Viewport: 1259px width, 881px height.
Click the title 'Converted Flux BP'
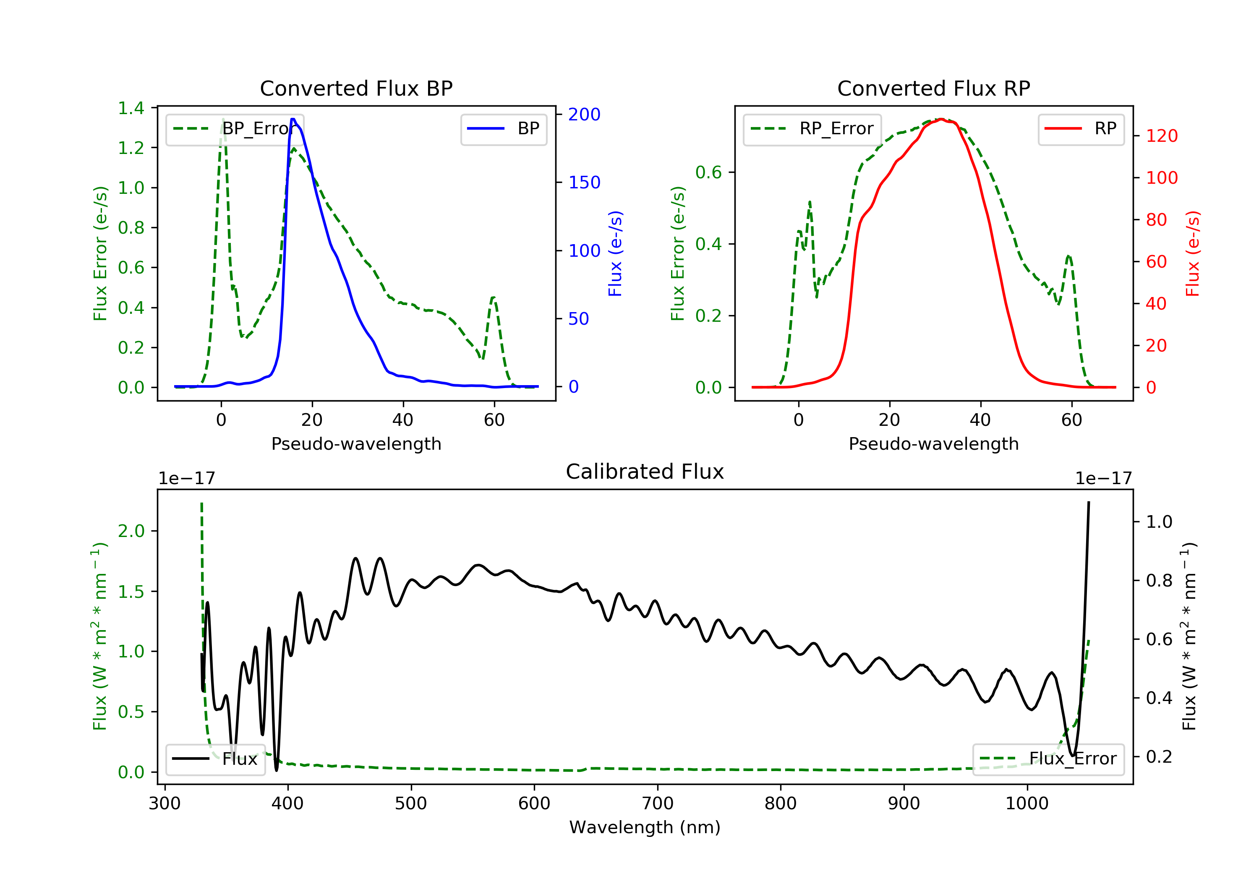356,88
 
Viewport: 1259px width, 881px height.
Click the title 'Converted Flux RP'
933,88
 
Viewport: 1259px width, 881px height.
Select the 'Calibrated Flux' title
645,472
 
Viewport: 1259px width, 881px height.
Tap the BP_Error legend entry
235,129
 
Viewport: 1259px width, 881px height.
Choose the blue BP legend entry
503,129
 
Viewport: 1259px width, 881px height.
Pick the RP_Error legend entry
812,129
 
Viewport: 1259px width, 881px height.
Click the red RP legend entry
1081,129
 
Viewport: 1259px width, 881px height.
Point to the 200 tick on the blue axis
584,114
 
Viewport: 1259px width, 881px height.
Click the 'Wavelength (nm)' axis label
645,827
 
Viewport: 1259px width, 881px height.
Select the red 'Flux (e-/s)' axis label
1193,253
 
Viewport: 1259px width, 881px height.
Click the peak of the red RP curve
940,119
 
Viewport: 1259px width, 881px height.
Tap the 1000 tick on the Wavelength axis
1027,803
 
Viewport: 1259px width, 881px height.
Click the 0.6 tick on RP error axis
708,172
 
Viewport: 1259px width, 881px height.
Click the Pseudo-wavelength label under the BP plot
356,443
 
